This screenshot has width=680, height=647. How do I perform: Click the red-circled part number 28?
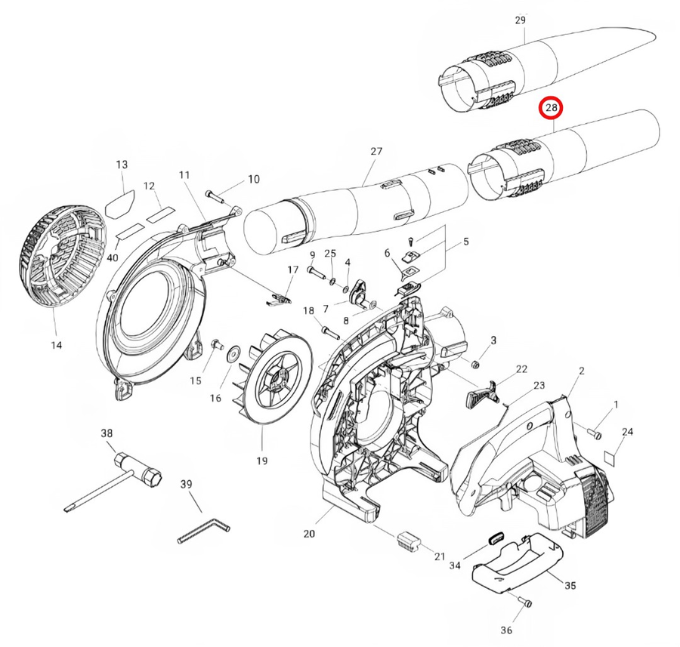click(x=552, y=109)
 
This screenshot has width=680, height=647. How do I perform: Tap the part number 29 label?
click(x=520, y=20)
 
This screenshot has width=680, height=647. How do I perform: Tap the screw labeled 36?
click(x=527, y=602)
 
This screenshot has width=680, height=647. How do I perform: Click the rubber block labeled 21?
click(x=409, y=540)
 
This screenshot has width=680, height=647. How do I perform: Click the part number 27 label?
click(x=376, y=152)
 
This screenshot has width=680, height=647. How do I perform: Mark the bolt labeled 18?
click(x=327, y=329)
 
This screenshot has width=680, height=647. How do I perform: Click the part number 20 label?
click(x=309, y=534)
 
